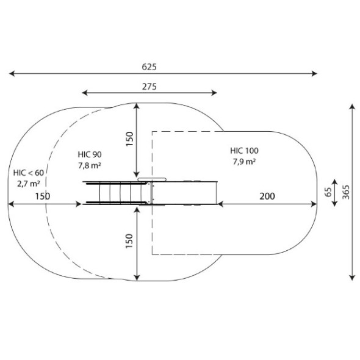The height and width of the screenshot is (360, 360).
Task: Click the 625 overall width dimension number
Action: (x=149, y=67)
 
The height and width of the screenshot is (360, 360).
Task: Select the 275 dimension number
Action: (x=149, y=87)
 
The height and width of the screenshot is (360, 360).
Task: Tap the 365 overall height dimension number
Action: (x=346, y=192)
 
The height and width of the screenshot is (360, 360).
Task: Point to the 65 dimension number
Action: (x=328, y=192)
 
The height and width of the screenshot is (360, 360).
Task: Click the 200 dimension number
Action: (x=267, y=196)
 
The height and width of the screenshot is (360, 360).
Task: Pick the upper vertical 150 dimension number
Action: (x=129, y=139)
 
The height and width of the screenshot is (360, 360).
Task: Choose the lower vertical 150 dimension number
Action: (x=129, y=241)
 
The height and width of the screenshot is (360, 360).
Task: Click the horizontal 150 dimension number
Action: (x=43, y=196)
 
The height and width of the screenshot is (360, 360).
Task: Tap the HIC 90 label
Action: (x=90, y=154)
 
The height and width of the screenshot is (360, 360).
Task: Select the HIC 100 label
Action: (x=244, y=151)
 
